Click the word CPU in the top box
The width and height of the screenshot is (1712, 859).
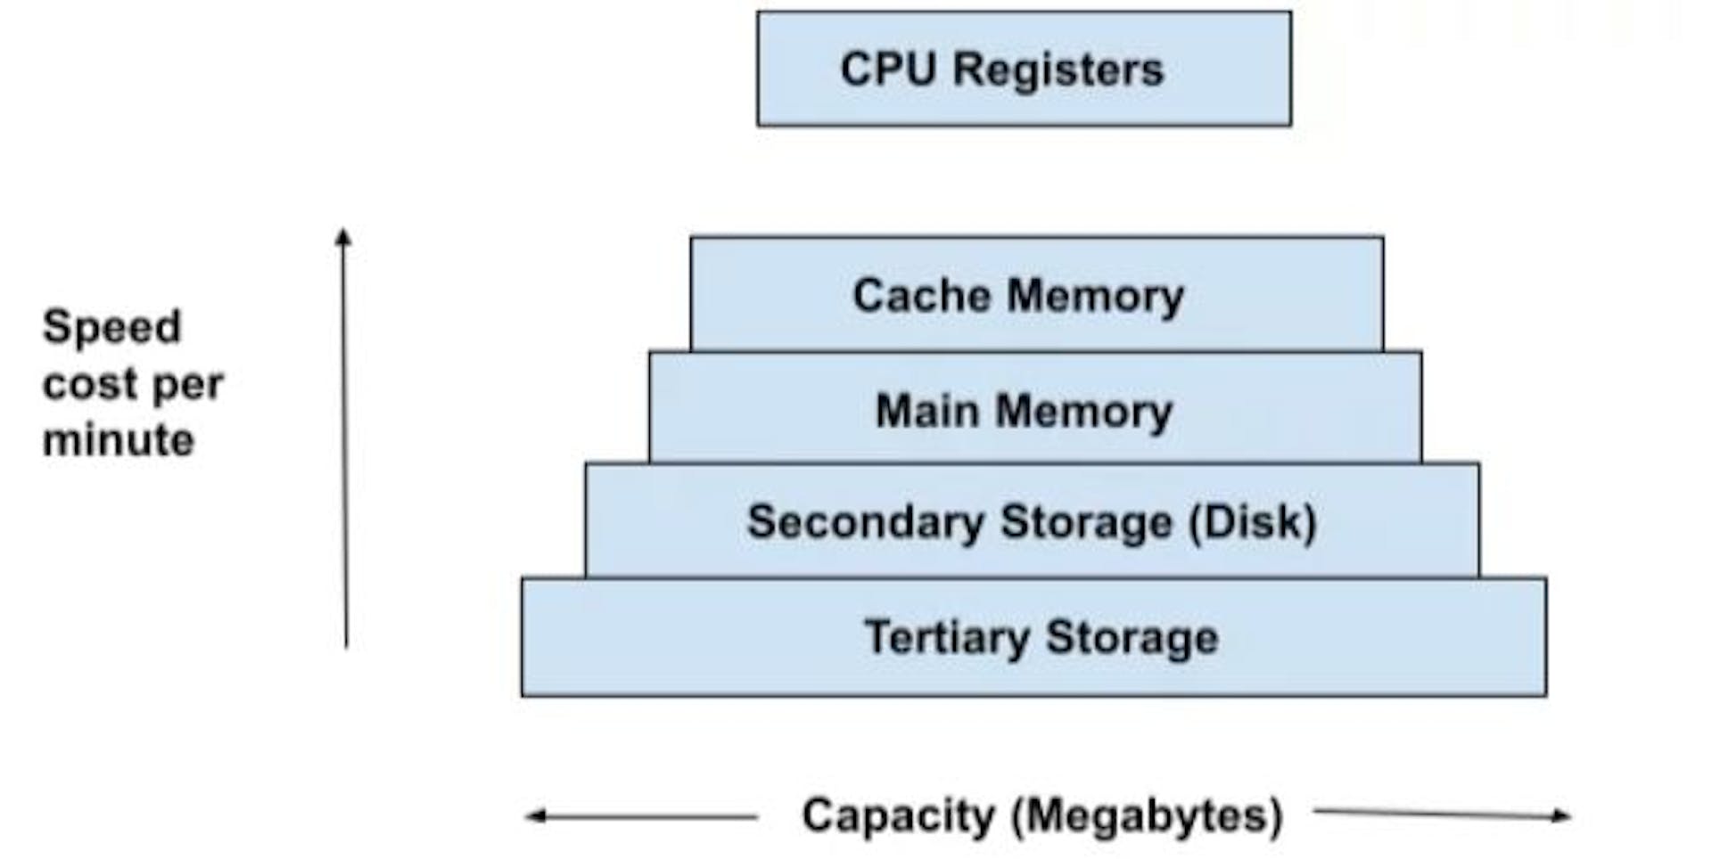[889, 70]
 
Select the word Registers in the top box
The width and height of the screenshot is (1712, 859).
[1058, 70]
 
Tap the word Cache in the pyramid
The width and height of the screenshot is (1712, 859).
[922, 295]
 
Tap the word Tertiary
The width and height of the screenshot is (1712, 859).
[947, 638]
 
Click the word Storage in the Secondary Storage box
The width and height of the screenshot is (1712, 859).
[1086, 522]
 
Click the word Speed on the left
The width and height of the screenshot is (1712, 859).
[112, 328]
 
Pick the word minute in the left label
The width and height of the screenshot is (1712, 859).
[119, 440]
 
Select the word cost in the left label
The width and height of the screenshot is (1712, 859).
[87, 385]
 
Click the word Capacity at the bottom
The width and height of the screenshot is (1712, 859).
[898, 816]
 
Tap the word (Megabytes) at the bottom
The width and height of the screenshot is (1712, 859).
[1148, 816]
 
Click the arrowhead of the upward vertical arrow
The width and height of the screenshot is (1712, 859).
[344, 237]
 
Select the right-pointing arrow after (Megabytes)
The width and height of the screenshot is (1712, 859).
[1442, 813]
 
